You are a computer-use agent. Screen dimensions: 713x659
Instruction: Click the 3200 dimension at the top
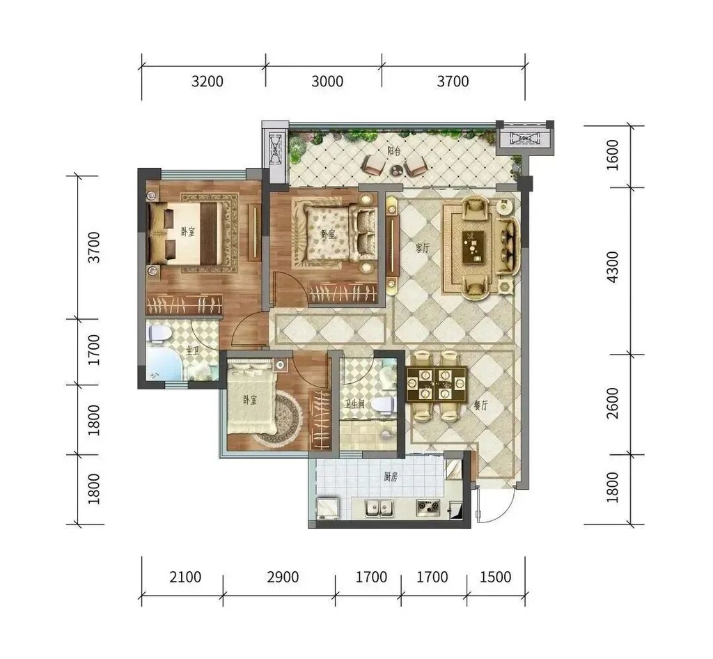tap(207, 82)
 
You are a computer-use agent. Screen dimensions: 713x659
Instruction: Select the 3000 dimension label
tap(327, 82)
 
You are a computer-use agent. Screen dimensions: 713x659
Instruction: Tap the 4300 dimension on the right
tap(613, 268)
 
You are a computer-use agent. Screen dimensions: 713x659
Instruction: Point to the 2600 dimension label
tap(613, 403)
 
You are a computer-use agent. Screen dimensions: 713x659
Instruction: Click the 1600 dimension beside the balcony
tap(613, 155)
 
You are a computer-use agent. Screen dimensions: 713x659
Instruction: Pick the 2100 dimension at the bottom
tap(185, 577)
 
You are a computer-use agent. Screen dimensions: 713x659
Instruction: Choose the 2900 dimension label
tap(283, 577)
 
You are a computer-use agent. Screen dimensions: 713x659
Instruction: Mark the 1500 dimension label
tap(496, 577)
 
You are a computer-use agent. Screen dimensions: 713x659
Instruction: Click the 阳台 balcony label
tap(394, 151)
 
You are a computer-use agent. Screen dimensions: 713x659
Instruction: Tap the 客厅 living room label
tap(423, 248)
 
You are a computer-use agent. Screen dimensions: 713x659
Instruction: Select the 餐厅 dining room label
tap(480, 405)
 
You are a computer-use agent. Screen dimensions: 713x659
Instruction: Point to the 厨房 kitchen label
tap(391, 477)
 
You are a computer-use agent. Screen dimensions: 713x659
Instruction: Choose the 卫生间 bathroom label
tap(354, 403)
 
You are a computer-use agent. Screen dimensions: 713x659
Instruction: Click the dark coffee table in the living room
tap(473, 247)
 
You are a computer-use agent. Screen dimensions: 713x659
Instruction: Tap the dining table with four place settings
tap(437, 385)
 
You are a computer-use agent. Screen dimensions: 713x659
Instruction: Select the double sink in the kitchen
tap(379, 508)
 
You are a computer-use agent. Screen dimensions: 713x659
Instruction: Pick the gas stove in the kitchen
tap(428, 508)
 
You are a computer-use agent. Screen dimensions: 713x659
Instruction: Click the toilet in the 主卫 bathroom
tap(159, 334)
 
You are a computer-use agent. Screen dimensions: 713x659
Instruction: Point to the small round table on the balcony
tap(396, 171)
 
